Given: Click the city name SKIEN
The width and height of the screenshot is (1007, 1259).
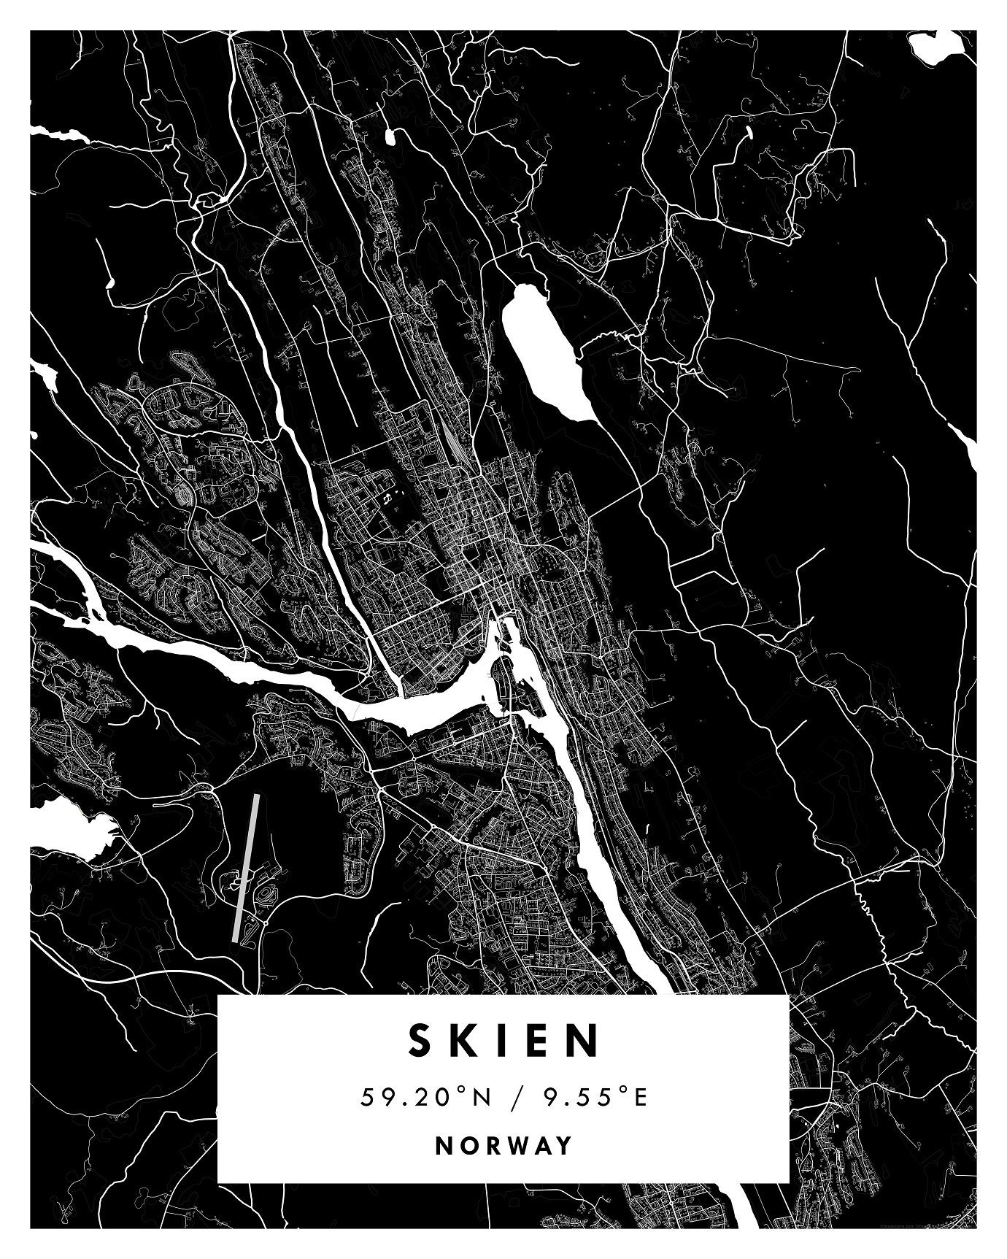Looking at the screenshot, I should [x=504, y=1041].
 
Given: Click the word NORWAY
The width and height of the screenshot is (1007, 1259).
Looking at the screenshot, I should [x=504, y=1145].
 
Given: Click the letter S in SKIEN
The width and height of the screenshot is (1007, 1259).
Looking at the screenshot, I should [x=421, y=1041].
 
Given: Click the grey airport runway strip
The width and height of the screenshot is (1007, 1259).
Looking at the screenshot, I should [x=245, y=869].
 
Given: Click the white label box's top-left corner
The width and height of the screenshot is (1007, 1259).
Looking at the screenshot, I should [x=219, y=996].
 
